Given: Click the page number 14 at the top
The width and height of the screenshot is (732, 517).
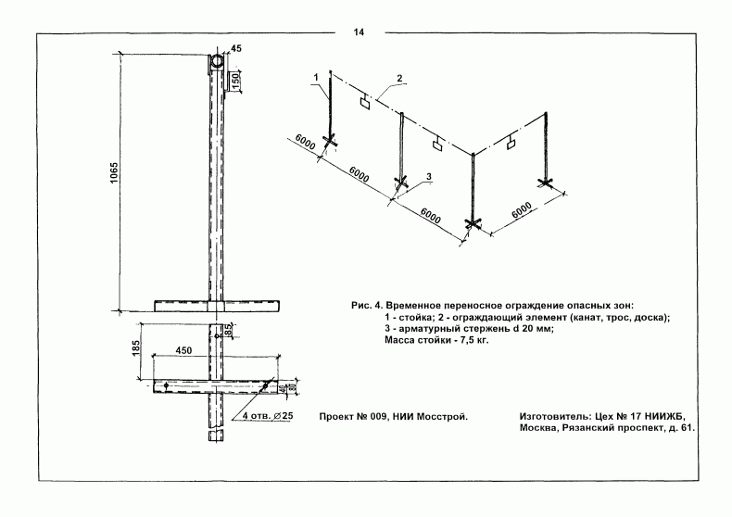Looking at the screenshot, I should point(359,32).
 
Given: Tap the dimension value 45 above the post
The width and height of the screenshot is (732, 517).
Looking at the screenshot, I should point(235,48).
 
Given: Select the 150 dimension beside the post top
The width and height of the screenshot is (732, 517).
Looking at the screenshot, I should point(236,81).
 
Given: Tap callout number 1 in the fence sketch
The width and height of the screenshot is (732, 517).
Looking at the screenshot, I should point(317,75).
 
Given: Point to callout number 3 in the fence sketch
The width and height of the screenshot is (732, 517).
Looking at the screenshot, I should point(430,176).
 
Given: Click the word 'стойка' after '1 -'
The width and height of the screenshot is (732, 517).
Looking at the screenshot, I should point(410,317).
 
